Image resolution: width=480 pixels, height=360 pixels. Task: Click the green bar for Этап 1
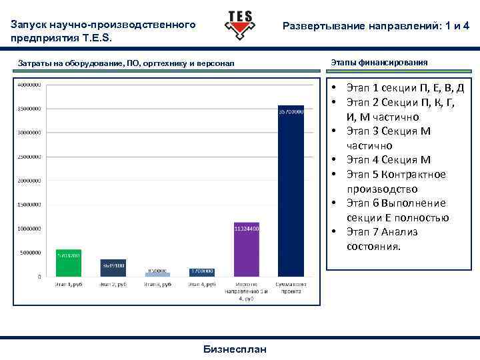(x=68, y=263)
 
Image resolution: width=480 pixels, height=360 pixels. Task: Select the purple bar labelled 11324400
(x=247, y=249)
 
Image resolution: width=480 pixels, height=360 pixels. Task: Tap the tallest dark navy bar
(x=291, y=191)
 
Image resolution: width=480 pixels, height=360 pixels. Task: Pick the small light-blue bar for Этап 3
(x=158, y=274)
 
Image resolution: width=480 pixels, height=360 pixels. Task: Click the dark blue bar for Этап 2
(x=113, y=267)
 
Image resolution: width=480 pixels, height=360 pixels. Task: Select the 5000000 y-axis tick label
(x=29, y=253)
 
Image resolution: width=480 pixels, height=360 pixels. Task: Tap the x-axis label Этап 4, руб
(x=202, y=284)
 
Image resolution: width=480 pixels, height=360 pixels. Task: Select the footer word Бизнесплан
(x=235, y=349)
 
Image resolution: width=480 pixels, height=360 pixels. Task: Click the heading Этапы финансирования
(x=379, y=62)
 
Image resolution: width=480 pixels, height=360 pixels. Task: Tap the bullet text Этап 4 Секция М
(x=389, y=160)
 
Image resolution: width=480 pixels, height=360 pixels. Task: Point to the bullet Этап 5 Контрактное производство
(x=396, y=181)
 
